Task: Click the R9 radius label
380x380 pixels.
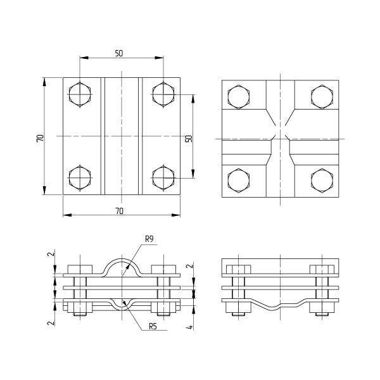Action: pos(149,239)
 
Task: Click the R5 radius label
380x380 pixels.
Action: pos(153,326)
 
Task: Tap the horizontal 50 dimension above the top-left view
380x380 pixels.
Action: pos(119,53)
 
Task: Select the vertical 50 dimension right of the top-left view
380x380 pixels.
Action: pos(189,139)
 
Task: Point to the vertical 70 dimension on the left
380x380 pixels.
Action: pos(41,138)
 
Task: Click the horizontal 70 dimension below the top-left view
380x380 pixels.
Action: pos(119,212)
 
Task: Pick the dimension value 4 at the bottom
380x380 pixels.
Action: pos(190,327)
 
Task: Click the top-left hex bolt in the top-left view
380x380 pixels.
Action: pos(80,94)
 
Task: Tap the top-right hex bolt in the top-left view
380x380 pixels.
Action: pos(163,94)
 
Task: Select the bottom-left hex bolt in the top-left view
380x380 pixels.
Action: pos(80,177)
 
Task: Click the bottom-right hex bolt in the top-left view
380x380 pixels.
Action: pos(163,177)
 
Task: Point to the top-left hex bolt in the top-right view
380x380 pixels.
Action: pos(239,97)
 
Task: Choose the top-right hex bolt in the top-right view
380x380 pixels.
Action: pos(322,97)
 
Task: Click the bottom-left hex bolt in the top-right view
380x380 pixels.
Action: pos(239,180)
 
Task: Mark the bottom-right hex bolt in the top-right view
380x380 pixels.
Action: pos(322,180)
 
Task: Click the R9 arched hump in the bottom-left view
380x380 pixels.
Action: pos(122,260)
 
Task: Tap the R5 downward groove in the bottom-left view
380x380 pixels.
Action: pos(122,310)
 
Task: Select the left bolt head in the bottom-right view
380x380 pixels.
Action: pos(239,269)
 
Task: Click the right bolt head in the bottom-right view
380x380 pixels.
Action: pos(322,269)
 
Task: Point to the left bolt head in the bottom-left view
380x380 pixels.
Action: pos(80,269)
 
